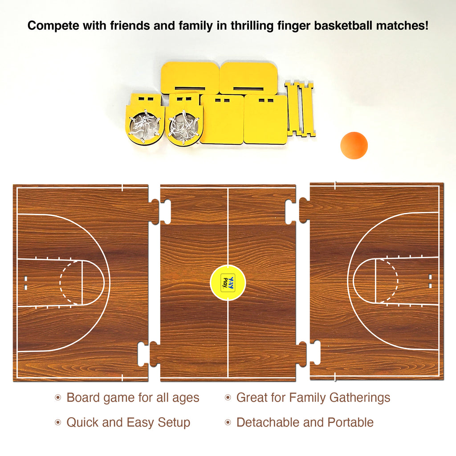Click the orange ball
pos(354,146)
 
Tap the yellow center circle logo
pos(228,282)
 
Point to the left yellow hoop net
pos(145,126)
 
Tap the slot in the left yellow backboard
pos(190,88)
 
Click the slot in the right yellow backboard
pos(248,89)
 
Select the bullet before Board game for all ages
pos(58,397)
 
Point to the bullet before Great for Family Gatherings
pos(228,397)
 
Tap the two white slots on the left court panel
pos(25,283)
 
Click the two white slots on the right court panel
pos(431,281)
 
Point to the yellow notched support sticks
pos(300,109)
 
